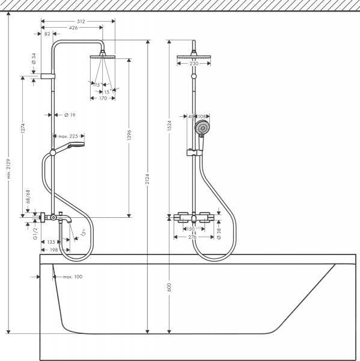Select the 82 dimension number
[47, 34]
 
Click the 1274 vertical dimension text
[22, 129]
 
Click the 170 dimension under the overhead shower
[103, 98]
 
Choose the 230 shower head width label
[194, 64]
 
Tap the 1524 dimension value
[169, 129]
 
